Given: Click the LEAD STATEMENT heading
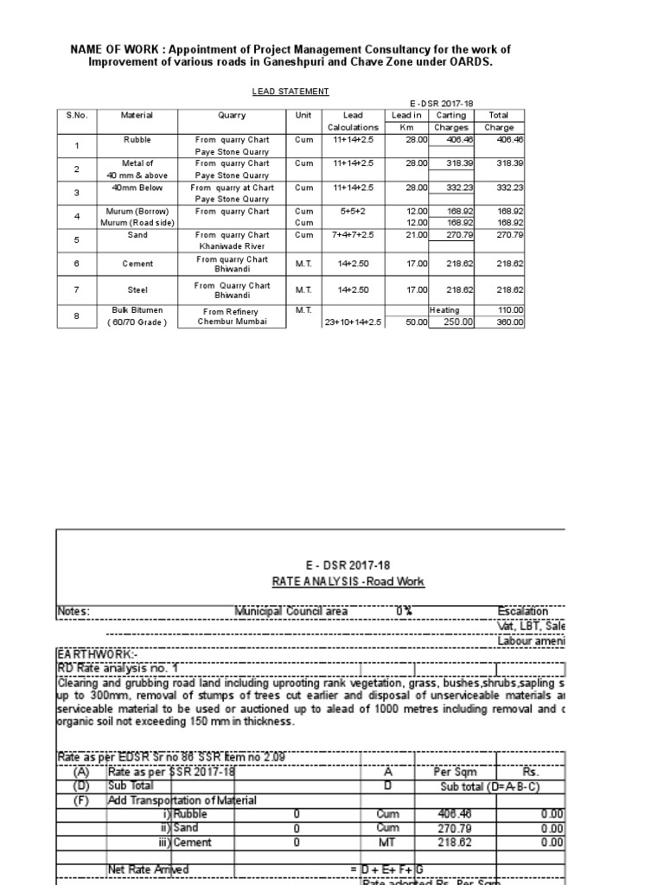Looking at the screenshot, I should click(278, 91).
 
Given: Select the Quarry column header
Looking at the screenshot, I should click(232, 115).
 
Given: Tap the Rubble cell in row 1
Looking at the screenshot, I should click(137, 139).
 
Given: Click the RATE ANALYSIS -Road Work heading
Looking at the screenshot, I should click(348, 582).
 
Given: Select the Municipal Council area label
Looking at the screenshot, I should click(291, 612).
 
